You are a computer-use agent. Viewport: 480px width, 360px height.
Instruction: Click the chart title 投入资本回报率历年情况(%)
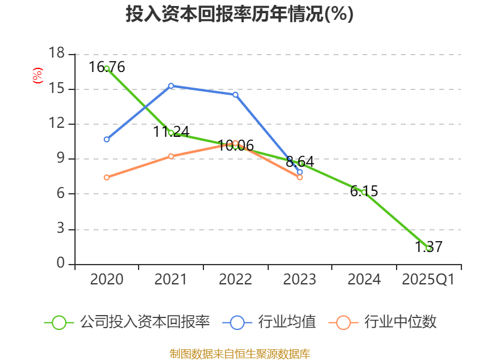point(239,14)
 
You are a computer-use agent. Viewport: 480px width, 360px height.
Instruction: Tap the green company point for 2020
point(107,68)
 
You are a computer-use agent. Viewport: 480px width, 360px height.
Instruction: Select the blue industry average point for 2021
point(171,86)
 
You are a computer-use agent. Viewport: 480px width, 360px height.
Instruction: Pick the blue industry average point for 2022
point(235,94)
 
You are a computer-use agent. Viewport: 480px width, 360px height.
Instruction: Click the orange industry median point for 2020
point(107,177)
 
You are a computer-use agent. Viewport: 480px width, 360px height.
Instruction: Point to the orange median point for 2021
point(171,156)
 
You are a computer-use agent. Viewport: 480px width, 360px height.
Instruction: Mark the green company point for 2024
point(364,192)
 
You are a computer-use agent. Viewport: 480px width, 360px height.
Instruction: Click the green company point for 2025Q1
point(428,248)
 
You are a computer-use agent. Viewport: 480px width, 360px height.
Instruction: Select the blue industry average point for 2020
point(107,139)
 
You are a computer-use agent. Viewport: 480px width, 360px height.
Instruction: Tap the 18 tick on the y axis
point(56,54)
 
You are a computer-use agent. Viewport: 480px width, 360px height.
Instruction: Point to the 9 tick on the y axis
point(60,159)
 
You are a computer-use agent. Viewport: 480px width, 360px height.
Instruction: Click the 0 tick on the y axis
point(60,264)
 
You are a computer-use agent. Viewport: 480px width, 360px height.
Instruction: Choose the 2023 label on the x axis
point(299,280)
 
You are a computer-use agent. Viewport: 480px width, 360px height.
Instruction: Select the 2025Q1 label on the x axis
point(428,280)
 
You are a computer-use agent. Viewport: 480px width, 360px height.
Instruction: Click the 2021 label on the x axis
point(171,280)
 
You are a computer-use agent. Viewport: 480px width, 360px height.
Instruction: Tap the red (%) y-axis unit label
point(38,76)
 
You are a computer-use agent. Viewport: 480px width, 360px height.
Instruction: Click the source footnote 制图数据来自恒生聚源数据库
point(239,353)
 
